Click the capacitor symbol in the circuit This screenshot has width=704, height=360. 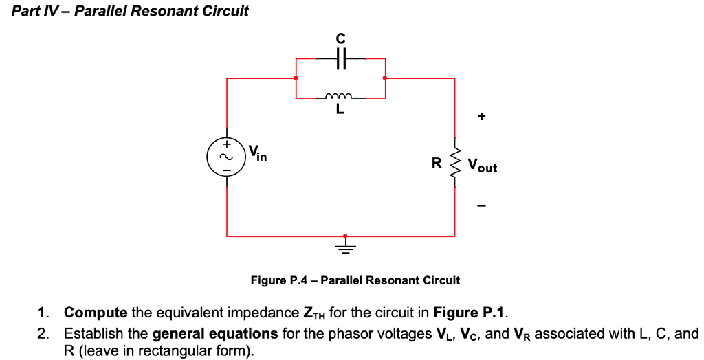340,60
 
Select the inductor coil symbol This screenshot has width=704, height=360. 340,97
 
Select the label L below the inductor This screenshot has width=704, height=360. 340,109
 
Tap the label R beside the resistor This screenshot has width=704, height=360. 435,164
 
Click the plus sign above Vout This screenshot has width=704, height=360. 482,117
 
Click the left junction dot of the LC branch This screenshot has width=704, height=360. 296,78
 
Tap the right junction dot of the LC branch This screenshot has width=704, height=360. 385,78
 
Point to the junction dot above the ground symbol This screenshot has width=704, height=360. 345,236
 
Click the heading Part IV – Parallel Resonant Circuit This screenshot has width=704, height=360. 131,11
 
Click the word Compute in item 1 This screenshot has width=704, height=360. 96,313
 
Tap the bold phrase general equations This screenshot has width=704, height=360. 214,334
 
